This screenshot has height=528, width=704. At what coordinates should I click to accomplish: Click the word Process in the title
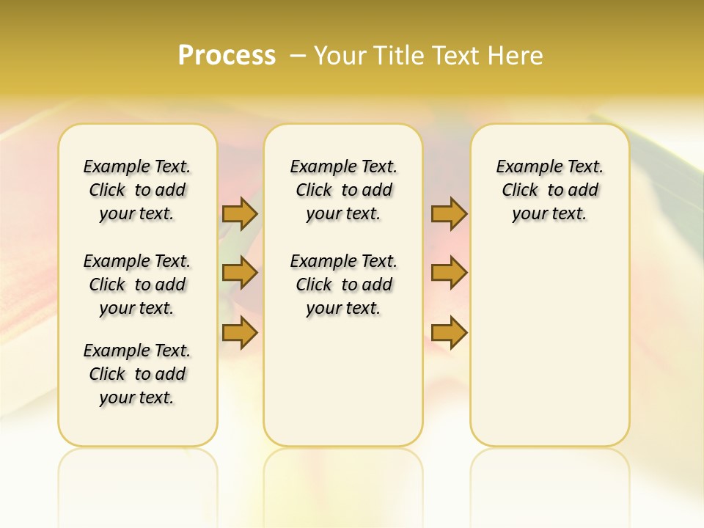[227, 56]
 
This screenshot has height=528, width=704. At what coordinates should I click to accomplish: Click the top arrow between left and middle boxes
[240, 213]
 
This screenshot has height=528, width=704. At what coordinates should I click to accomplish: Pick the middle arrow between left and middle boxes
[240, 273]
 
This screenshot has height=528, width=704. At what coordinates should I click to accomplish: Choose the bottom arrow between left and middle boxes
[240, 332]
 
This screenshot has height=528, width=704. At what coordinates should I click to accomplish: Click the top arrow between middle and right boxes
[449, 213]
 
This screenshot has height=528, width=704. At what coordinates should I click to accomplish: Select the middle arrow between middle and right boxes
[449, 273]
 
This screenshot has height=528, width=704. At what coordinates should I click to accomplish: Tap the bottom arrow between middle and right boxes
[449, 332]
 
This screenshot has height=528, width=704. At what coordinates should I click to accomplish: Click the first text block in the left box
[137, 190]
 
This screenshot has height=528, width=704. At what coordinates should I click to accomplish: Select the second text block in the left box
[137, 285]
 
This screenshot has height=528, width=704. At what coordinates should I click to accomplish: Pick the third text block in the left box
[137, 374]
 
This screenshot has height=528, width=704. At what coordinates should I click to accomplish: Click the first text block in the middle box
[343, 190]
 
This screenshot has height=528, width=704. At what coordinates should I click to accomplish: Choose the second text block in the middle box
[343, 285]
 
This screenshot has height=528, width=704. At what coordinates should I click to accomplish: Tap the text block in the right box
[549, 190]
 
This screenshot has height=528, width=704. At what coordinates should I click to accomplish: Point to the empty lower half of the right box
[549, 345]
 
